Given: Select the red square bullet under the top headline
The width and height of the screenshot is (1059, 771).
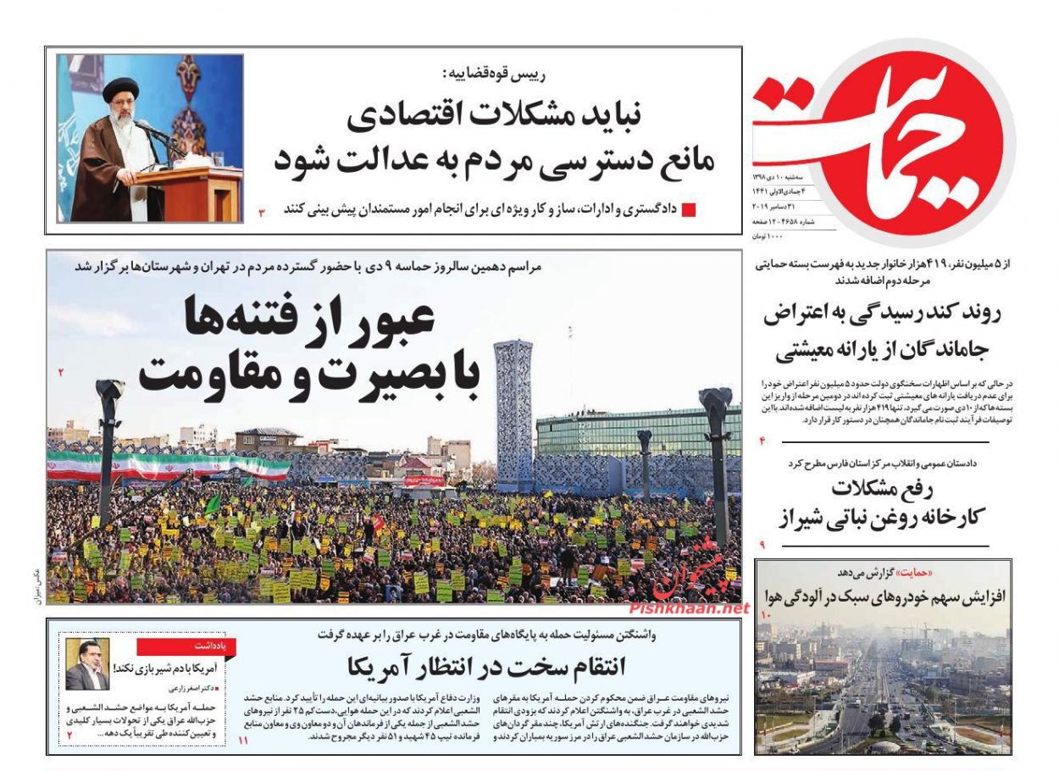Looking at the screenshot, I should pyautogui.click(x=689, y=210).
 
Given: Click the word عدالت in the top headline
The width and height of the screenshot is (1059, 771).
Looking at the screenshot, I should pyautogui.click(x=370, y=158).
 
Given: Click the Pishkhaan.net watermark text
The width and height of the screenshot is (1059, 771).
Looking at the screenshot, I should pyautogui.click(x=688, y=608).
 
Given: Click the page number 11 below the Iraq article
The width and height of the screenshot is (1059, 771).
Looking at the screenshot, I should pyautogui.click(x=244, y=741).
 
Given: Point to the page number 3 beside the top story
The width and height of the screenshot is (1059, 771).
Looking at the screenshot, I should pyautogui.click(x=262, y=210).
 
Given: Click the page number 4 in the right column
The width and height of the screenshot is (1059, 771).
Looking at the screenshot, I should pyautogui.click(x=762, y=441).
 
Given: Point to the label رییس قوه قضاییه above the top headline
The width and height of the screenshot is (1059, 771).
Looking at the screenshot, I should pyautogui.click(x=396, y=75).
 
